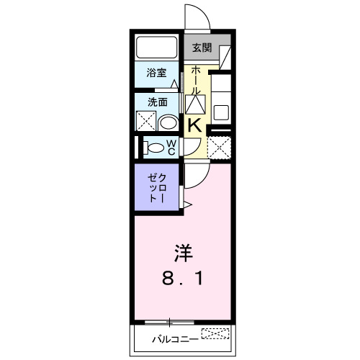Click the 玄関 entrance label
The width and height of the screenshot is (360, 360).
tap(202, 49)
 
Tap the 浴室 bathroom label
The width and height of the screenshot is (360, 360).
tap(156, 73)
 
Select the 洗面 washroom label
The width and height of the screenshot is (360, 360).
tap(156, 102)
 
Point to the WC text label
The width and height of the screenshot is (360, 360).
tap(172, 148)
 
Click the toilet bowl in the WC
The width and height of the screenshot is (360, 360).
tap(153, 148)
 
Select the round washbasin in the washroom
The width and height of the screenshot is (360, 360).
tap(167, 121)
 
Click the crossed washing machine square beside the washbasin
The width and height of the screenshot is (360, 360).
tap(146, 121)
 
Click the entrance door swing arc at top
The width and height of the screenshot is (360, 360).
tap(197, 18)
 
